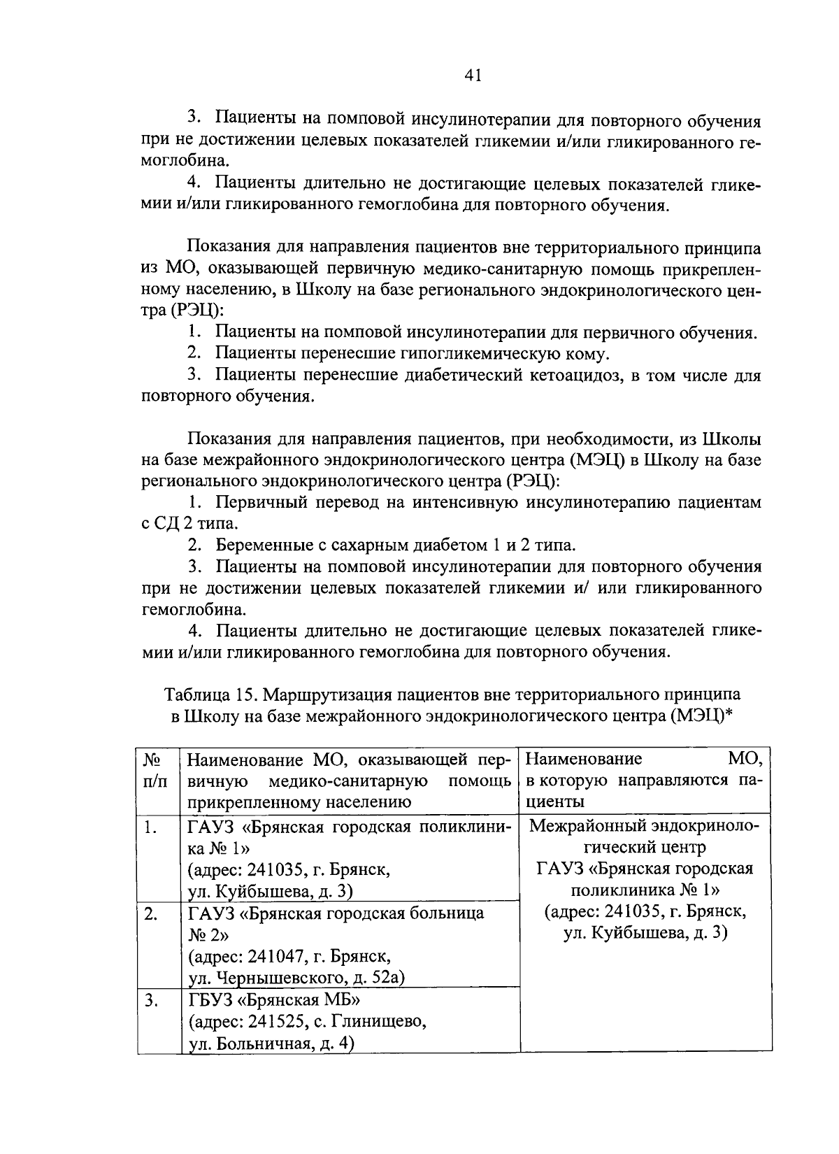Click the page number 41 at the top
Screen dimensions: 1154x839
(473, 76)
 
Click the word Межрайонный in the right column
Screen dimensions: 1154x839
(587, 826)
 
